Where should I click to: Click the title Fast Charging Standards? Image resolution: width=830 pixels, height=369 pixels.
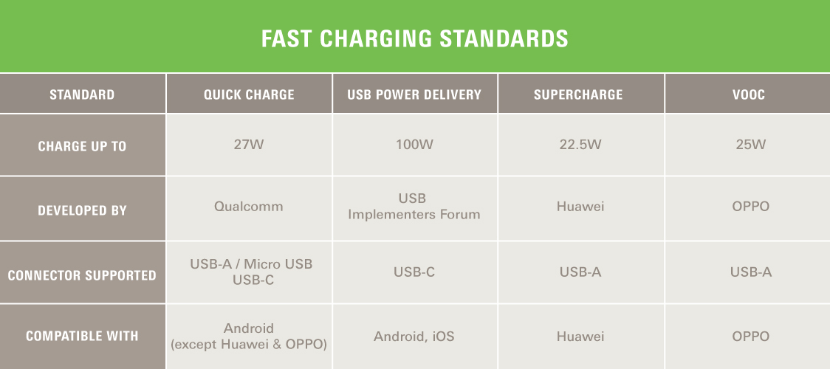414,39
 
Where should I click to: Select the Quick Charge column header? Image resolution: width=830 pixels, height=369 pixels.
249,94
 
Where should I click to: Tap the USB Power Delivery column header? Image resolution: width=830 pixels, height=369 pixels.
414,94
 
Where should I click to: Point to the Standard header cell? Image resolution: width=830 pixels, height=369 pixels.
82,94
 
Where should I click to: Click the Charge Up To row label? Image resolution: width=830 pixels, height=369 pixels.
82,146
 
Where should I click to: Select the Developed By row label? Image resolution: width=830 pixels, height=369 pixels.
82,210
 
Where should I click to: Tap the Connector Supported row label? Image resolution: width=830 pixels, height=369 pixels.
82,275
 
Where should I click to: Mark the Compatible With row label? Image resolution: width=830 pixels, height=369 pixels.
82,336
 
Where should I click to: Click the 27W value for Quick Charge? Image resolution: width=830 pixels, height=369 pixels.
249,145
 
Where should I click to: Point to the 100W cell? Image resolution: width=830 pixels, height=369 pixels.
414,145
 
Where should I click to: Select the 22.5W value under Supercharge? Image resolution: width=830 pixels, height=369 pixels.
580,145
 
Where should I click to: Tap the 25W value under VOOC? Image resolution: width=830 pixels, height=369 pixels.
750,145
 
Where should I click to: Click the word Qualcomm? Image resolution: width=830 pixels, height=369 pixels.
249,206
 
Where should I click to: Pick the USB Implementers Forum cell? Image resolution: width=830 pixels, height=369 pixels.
414,206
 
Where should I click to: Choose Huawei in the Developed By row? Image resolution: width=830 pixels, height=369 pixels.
580,206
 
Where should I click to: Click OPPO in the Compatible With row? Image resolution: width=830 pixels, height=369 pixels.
750,337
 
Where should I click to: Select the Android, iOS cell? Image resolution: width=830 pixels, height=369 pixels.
414,337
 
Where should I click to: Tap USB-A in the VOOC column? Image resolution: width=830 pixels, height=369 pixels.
750,272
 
